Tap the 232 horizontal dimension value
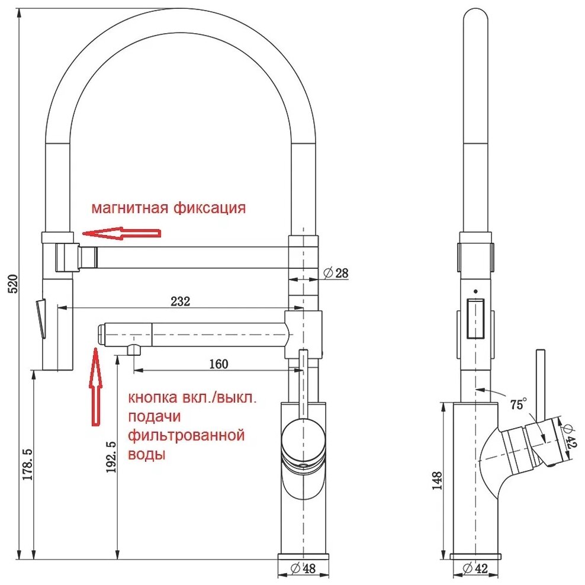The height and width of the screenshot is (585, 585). click(x=181, y=301)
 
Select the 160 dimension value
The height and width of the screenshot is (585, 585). click(x=218, y=364)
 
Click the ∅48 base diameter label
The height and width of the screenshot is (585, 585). click(x=303, y=569)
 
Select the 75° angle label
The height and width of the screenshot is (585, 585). click(x=517, y=404)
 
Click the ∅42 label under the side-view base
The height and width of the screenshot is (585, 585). click(x=477, y=569)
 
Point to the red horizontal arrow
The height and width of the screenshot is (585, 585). click(x=121, y=233)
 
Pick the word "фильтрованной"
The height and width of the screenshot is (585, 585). click(x=186, y=436)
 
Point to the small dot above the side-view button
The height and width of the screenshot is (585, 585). click(x=475, y=291)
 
